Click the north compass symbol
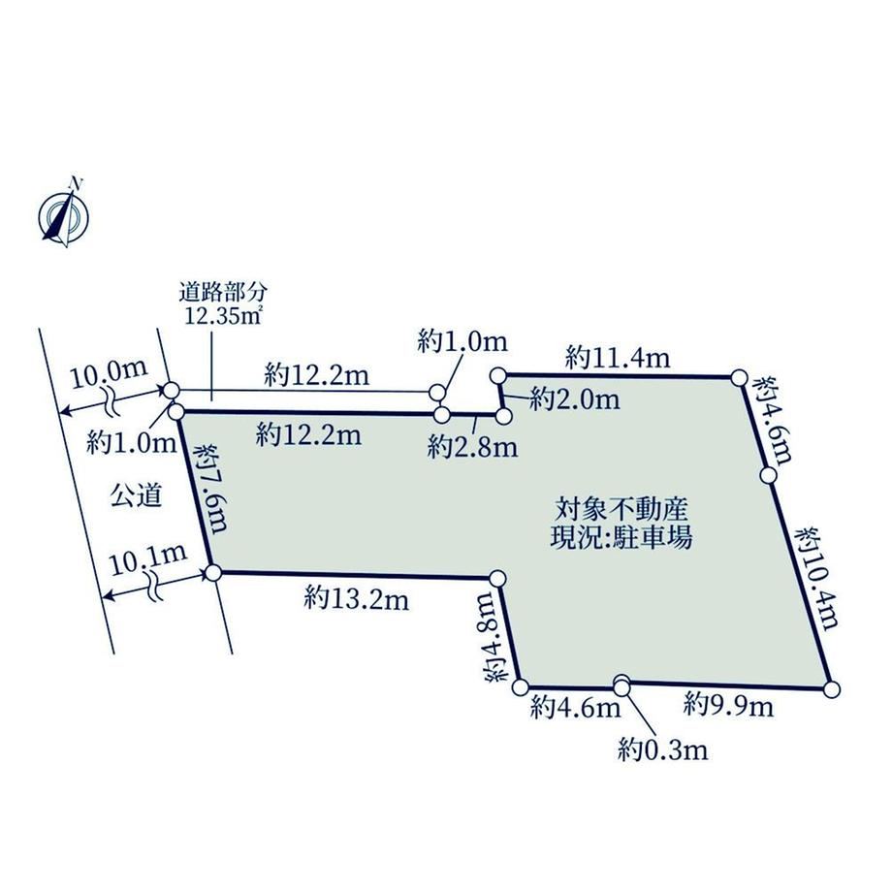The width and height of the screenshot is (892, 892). [x=64, y=215]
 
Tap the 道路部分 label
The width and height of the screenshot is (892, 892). [x=223, y=293]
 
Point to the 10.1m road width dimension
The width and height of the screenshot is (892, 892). [x=148, y=559]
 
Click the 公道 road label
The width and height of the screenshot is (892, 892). [x=136, y=495]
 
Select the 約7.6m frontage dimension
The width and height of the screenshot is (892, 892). [x=211, y=488]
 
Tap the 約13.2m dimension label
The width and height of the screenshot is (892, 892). [x=356, y=598]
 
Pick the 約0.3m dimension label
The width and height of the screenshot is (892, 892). [x=663, y=750]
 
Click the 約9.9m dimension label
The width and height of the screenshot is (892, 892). [x=729, y=706]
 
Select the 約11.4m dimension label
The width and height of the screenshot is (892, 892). [x=618, y=358]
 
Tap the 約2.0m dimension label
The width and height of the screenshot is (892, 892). [x=574, y=399]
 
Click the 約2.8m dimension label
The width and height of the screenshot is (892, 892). [x=473, y=447]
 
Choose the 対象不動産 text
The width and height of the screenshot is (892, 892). [x=621, y=509]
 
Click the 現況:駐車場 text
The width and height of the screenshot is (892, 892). [x=621, y=537]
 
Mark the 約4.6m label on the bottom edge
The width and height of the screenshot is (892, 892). [x=575, y=708]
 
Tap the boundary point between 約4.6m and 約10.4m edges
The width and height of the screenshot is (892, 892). [x=768, y=474]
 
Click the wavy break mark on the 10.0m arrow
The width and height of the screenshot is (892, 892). [x=110, y=400]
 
